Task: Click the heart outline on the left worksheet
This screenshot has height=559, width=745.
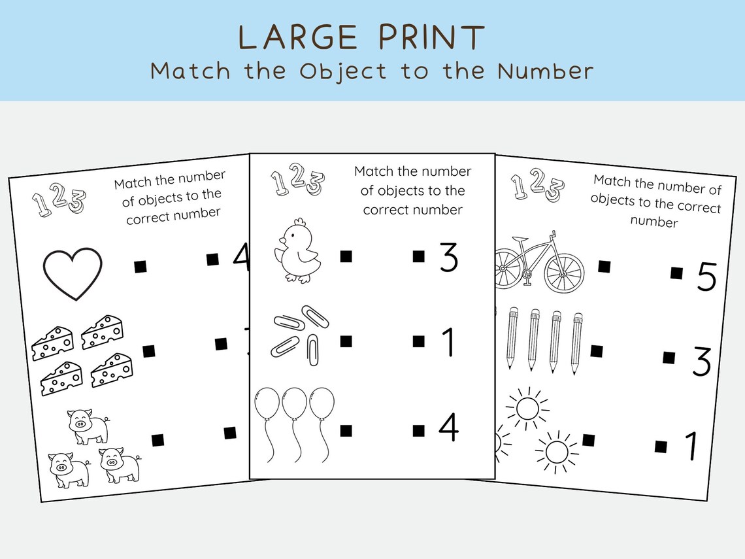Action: [x=73, y=273]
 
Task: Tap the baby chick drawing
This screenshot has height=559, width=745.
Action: [x=298, y=252]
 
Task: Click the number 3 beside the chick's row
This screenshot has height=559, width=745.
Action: [x=448, y=259]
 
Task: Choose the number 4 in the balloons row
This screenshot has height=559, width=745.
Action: [x=448, y=428]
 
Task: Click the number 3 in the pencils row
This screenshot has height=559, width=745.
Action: [x=701, y=363]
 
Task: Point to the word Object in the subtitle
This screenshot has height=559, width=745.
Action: [x=343, y=71]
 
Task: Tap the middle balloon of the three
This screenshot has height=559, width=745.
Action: [x=295, y=404]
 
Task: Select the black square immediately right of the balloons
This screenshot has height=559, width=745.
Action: [x=346, y=430]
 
